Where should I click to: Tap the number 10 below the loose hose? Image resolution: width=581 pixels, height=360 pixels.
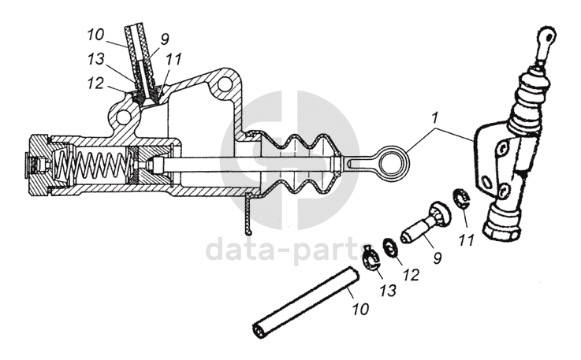359,309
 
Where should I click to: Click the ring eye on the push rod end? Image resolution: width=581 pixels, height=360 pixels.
392,161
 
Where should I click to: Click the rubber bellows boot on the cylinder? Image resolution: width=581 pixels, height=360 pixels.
300,165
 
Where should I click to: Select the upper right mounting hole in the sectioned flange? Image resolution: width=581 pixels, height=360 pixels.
227,84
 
